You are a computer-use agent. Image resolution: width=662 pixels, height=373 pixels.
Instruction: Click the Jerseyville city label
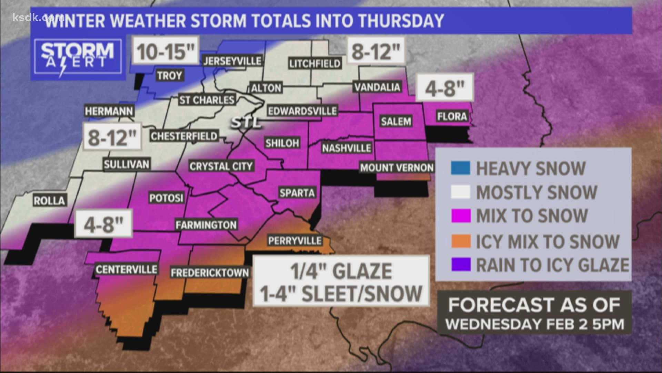232,61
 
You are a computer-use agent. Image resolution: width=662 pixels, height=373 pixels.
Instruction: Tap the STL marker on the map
246,123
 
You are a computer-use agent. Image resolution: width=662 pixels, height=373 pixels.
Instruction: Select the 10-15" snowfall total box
166,51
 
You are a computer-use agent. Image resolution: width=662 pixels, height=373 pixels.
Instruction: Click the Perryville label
295,240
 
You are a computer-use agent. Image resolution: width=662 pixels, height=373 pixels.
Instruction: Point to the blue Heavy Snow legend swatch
460,168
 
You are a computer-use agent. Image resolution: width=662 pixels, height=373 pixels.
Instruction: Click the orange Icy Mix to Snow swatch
460,241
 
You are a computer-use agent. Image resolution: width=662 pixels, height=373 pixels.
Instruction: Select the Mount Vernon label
397,168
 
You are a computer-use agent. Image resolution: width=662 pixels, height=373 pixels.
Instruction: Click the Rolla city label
49,201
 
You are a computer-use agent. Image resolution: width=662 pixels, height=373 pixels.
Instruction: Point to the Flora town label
452,116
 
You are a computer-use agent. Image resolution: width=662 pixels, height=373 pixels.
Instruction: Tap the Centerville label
127,269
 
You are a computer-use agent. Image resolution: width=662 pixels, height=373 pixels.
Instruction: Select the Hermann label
109,111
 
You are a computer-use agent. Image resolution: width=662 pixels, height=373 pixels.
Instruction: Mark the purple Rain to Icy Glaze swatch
460,265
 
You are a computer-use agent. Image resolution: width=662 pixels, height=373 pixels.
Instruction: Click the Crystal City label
221,166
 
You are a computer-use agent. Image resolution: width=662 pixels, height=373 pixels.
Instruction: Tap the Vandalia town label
377,87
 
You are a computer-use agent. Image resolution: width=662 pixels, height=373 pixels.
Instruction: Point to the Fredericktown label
210,273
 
